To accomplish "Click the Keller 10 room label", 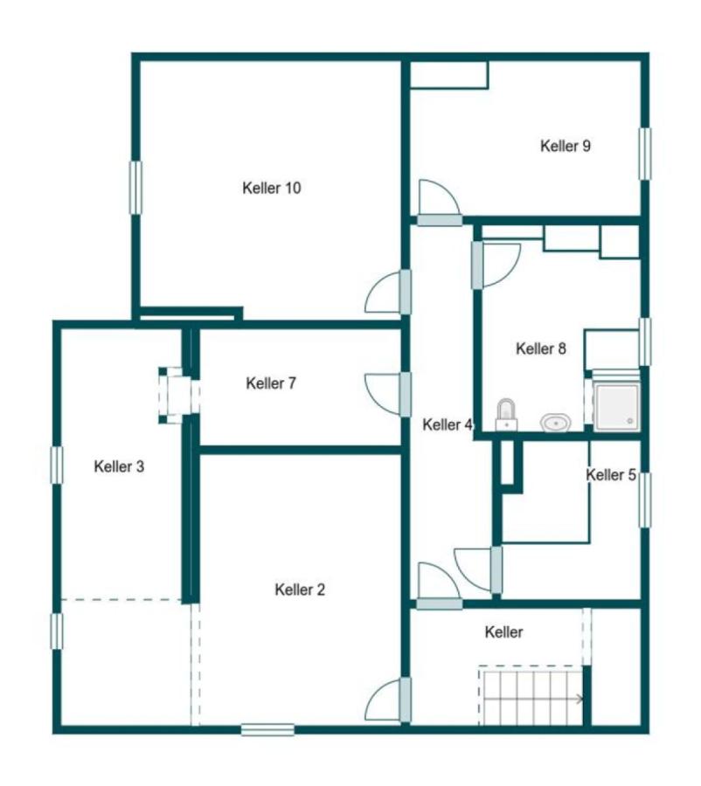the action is [272, 188].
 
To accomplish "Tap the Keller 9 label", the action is [565, 146].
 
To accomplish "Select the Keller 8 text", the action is [541, 348].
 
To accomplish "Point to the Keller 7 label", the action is [271, 383].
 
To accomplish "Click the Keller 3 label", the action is [119, 466].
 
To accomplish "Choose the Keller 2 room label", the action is [300, 589].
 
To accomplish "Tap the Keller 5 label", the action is [611, 474].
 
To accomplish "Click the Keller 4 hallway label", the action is [448, 424].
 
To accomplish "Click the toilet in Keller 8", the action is [506, 415].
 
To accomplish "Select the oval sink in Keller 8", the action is [556, 423].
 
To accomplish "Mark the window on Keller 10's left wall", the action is [135, 188].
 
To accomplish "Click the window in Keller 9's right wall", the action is [645, 154].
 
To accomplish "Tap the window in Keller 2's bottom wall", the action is [267, 730].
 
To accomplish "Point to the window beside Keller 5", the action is [645, 500].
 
